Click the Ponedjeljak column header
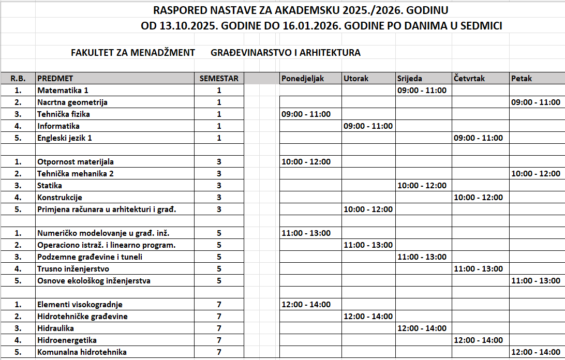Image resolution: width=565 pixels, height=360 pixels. [x=302, y=79]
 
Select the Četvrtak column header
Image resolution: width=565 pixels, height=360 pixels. [x=470, y=79]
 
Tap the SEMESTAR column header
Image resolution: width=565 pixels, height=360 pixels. [x=219, y=79]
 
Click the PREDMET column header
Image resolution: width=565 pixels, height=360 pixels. [x=55, y=79]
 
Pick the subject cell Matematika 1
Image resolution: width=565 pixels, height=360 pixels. [x=63, y=90]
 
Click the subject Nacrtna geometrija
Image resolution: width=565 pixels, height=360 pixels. [x=72, y=102]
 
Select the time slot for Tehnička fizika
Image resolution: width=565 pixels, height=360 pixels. [x=306, y=114]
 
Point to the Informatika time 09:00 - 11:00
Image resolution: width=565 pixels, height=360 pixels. [x=368, y=126]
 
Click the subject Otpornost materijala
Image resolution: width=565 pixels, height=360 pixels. [x=76, y=162]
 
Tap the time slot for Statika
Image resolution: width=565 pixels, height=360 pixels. [x=422, y=186]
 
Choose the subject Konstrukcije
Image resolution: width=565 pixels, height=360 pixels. [x=60, y=198]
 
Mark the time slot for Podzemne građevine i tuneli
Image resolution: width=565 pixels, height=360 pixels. [x=422, y=257]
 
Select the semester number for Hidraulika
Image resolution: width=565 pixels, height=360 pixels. [x=219, y=328]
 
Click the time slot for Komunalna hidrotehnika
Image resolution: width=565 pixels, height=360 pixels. [x=536, y=352]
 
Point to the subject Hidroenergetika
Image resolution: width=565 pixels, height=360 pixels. [x=67, y=340]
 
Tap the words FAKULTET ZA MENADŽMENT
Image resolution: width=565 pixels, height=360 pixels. [x=133, y=53]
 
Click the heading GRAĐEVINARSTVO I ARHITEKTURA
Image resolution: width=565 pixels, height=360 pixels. [x=286, y=53]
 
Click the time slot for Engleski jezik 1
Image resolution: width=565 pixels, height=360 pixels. [x=478, y=138]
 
